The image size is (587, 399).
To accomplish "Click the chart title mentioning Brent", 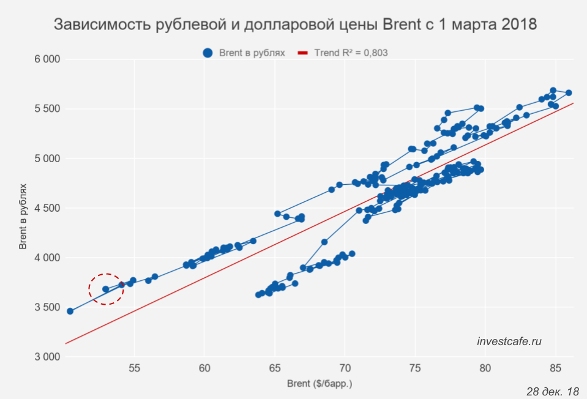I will click(x=295, y=24).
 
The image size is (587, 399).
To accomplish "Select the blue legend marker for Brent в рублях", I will click(x=208, y=53).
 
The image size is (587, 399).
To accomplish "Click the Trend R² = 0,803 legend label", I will click(x=351, y=53).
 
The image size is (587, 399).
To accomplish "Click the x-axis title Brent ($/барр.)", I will click(x=320, y=384).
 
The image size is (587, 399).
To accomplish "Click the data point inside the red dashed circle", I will click(x=105, y=289).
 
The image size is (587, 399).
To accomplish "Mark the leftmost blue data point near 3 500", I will click(x=70, y=311).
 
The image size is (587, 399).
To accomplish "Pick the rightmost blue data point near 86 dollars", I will click(x=568, y=93).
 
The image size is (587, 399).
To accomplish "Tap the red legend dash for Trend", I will click(x=302, y=53).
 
